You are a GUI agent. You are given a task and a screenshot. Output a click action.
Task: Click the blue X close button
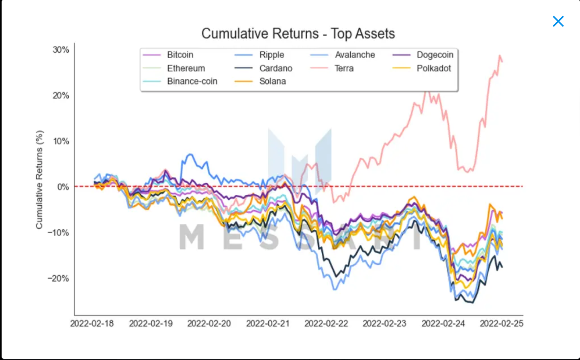click(x=558, y=21)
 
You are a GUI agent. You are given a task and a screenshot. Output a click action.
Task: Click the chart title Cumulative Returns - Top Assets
click(x=298, y=34)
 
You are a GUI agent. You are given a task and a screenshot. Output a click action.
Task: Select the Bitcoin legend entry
click(x=180, y=55)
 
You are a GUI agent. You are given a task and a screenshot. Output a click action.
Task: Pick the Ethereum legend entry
click(x=186, y=68)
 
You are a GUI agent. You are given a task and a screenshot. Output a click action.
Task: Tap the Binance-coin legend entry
click(x=192, y=81)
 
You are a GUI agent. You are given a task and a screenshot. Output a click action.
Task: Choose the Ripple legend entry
click(x=272, y=55)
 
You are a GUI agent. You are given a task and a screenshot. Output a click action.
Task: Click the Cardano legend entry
click(x=276, y=68)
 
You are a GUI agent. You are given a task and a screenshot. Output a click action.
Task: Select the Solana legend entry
click(x=272, y=81)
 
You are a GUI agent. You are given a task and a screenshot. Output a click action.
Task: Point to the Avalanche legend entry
click(x=355, y=55)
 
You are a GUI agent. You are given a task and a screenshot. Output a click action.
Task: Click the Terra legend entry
click(x=344, y=68)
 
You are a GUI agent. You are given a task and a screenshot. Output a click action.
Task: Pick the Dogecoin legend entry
click(x=435, y=55)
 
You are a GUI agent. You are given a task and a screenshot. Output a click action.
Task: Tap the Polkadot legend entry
click(x=433, y=68)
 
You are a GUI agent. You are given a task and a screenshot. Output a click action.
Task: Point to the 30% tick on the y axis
click(x=61, y=50)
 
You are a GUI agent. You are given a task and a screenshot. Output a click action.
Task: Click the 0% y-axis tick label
click(x=63, y=187)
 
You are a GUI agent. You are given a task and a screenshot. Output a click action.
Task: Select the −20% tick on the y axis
click(x=59, y=278)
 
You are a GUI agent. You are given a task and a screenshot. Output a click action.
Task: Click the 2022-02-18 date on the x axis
click(x=92, y=323)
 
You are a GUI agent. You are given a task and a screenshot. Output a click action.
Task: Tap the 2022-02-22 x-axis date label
click(x=326, y=323)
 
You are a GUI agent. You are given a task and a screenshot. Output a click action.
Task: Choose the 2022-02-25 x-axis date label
click(x=501, y=323)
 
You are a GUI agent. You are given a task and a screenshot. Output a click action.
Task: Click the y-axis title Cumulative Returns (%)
click(x=39, y=180)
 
